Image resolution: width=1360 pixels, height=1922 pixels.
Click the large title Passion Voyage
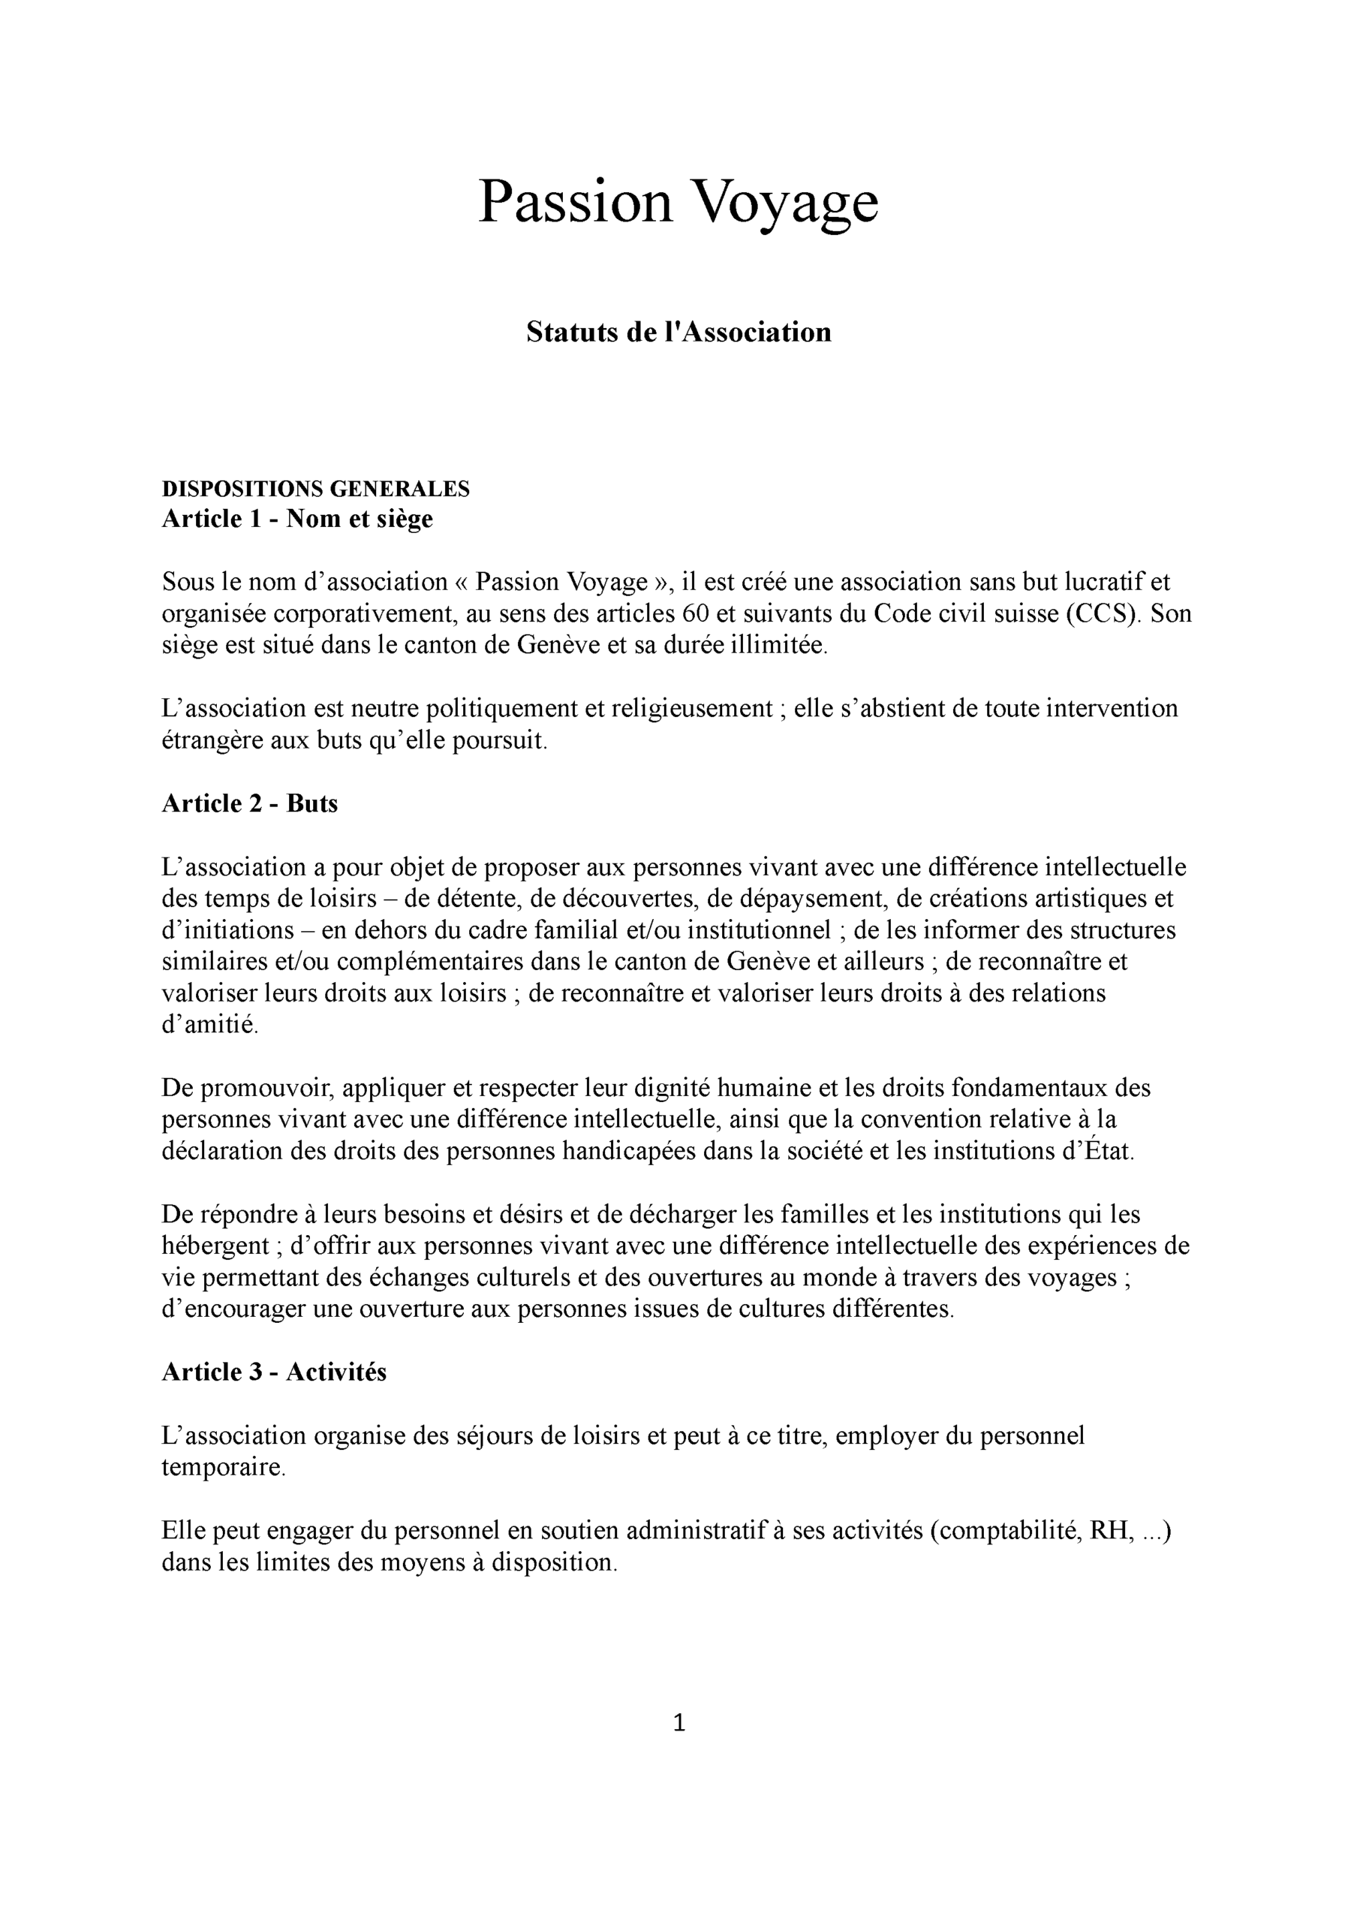(x=678, y=203)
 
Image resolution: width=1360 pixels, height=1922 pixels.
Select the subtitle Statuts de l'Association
(x=678, y=333)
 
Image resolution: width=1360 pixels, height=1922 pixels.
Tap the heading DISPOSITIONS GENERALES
(x=315, y=488)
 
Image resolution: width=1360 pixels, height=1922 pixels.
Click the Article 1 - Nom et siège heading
(x=296, y=520)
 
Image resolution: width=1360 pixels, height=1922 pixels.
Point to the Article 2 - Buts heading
(x=248, y=804)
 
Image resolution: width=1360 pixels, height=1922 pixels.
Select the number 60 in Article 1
(x=695, y=614)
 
